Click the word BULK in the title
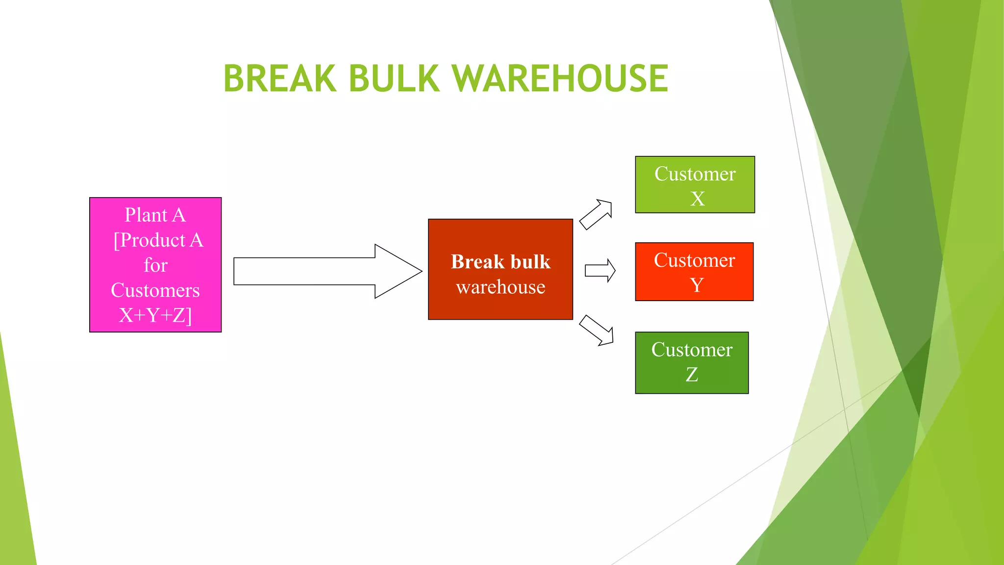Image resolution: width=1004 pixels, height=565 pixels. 394,78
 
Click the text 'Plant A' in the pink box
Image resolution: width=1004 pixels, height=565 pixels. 155,215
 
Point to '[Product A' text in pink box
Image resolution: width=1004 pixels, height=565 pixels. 158,240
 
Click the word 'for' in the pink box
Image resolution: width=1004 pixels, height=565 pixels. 155,265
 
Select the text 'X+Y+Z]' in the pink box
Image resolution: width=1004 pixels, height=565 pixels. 155,315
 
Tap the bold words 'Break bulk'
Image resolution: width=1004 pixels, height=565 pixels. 501,262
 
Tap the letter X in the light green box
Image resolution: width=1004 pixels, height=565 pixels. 697,199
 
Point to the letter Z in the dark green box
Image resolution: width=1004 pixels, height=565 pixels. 692,375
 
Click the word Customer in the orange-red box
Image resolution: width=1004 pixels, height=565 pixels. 694,260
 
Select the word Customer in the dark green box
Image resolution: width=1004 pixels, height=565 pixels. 692,350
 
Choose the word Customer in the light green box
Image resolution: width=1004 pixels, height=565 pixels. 695,174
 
